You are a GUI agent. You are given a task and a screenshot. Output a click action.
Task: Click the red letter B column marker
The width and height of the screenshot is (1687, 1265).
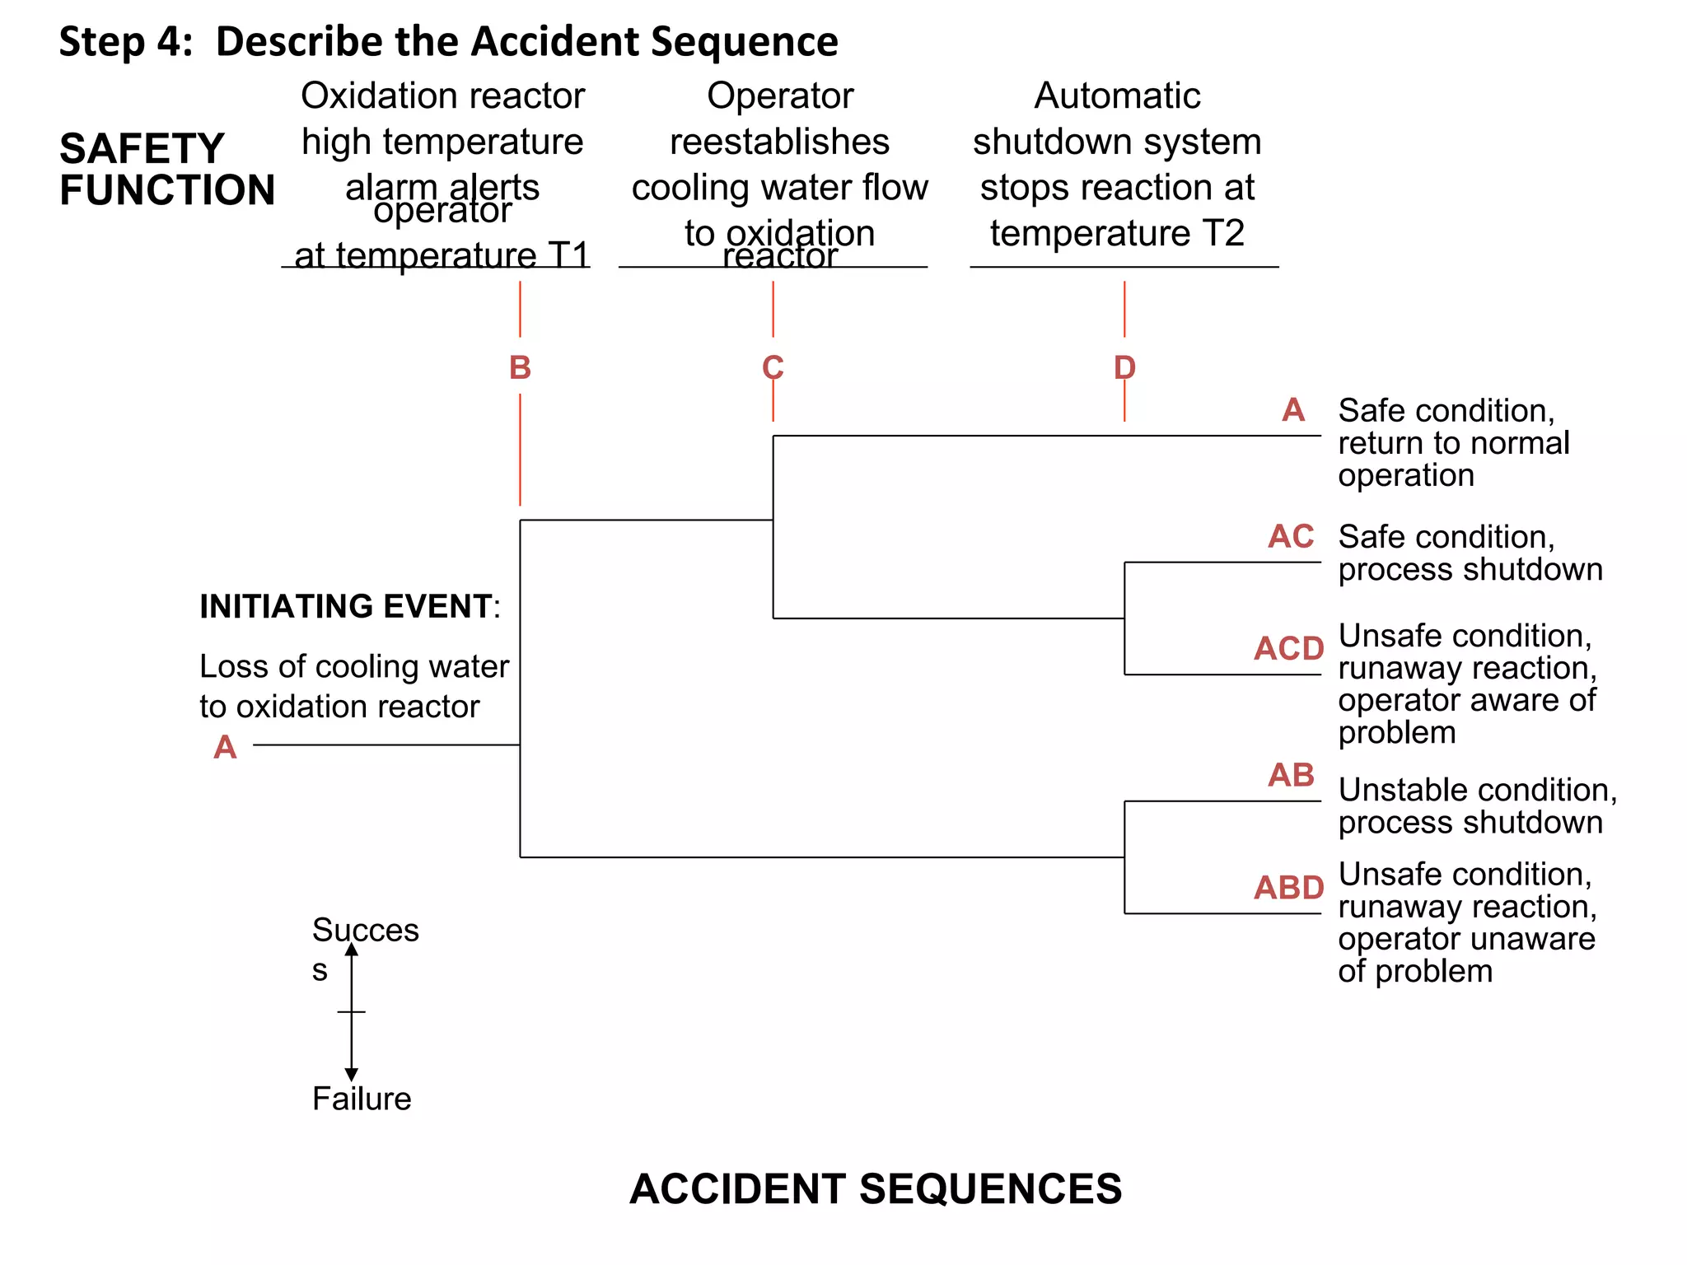pos(520,367)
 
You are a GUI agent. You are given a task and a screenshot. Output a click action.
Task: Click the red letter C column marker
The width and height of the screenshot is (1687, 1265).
pos(773,367)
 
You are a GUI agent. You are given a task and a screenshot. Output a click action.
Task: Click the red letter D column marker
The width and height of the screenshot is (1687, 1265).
pos(1124,367)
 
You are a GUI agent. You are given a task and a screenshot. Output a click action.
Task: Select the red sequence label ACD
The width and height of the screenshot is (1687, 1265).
pos(1288,649)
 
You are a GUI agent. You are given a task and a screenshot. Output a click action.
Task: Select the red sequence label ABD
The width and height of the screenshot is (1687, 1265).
pos(1288,888)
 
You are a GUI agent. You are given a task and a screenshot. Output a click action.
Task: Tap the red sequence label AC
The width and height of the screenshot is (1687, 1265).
pos(1290,537)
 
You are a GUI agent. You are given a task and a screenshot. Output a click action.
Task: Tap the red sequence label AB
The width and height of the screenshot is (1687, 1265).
pos(1290,775)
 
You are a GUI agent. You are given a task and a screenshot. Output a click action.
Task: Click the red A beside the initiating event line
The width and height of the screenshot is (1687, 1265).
pos(225,747)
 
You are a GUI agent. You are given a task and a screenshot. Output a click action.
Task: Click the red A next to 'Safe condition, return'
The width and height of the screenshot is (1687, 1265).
pos(1293,410)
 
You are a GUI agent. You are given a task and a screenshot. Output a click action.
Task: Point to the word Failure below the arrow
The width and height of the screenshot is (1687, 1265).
pos(362,1099)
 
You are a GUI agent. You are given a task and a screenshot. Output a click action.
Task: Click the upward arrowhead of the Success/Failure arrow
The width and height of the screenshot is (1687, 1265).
pos(352,950)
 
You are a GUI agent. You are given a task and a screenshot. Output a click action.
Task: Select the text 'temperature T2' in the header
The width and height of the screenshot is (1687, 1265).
pos(1116,233)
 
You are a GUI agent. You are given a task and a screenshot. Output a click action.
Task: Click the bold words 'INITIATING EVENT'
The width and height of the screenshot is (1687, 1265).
pos(346,606)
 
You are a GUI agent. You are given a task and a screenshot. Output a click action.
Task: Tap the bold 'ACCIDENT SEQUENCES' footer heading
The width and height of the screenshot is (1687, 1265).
pos(876,1188)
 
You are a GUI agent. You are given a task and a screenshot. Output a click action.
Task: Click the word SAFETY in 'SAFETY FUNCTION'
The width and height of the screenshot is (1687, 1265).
pos(142,149)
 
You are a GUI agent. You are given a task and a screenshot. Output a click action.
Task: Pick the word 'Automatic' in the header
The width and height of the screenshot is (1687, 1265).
pos(1117,96)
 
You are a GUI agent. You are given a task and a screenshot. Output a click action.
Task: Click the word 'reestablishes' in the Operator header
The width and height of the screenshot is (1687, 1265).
pos(779,142)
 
